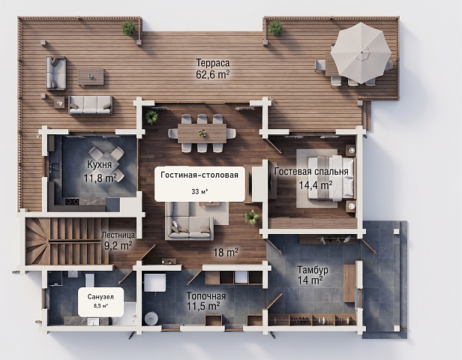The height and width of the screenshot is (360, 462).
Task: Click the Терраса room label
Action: [x=213, y=63]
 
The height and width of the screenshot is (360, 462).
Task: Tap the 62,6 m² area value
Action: [x=213, y=74]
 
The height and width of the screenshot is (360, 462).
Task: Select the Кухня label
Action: [x=99, y=164]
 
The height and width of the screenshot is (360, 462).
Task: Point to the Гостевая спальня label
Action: [x=311, y=172]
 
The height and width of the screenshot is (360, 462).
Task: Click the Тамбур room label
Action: [x=313, y=269]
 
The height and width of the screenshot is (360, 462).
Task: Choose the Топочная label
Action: [x=206, y=296]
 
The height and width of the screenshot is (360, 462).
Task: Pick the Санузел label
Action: [x=100, y=297]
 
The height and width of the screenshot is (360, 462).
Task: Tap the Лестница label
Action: [x=118, y=235]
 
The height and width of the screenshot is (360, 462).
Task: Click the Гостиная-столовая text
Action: [x=199, y=175]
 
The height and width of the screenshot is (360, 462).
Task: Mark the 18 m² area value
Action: [x=226, y=253]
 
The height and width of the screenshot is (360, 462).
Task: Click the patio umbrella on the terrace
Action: [x=361, y=53]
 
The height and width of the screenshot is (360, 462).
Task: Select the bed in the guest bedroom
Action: [x=331, y=178]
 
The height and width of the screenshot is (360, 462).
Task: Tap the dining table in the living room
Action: [x=202, y=133]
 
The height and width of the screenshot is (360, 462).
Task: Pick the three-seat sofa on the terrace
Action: [x=91, y=104]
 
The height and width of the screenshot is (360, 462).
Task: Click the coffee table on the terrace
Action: [x=91, y=77]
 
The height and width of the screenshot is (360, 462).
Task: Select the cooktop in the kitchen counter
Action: [x=72, y=202]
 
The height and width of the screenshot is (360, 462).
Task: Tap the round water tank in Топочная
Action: [x=151, y=319]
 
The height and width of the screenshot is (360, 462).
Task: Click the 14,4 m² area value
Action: [x=316, y=185]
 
